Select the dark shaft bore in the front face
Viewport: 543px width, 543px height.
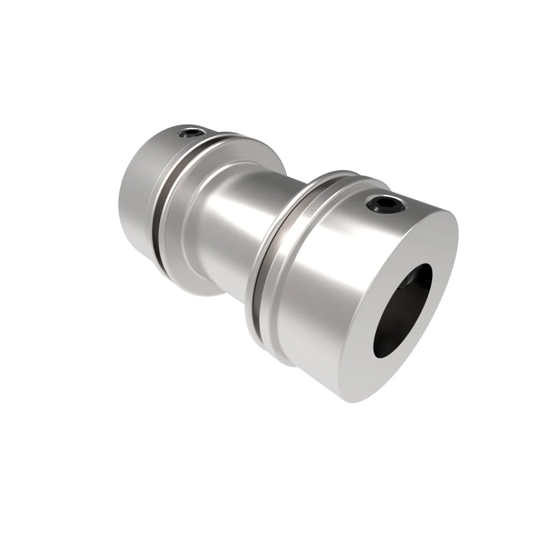coord(402,310)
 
